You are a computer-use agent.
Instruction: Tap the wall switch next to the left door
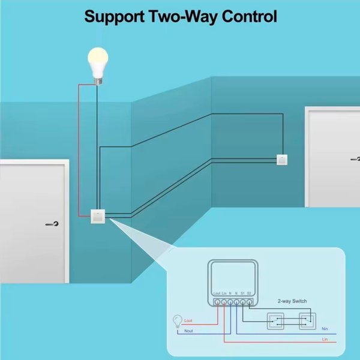coord(97,216)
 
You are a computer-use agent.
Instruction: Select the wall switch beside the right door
coord(281,159)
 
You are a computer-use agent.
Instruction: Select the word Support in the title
coord(113,16)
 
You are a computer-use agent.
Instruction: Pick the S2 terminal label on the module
coord(249,292)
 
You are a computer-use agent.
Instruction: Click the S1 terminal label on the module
coord(242,292)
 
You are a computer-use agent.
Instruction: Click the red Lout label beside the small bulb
coord(188,322)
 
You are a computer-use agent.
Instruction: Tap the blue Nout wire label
coord(188,331)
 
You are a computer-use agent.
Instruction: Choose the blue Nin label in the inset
coord(325,328)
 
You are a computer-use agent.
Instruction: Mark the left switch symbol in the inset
coord(277,321)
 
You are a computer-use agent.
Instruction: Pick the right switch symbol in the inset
coord(307,321)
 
